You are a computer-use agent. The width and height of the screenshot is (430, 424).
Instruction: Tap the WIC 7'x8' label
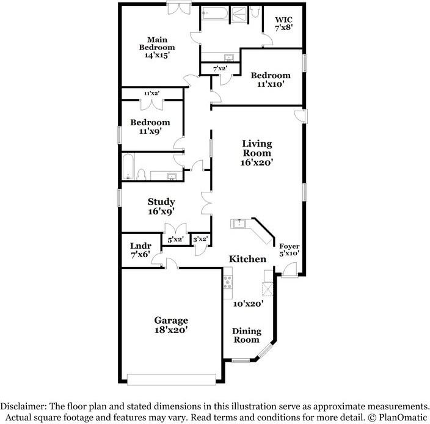[x=284, y=24]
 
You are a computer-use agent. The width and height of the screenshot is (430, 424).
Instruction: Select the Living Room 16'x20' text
[x=257, y=153]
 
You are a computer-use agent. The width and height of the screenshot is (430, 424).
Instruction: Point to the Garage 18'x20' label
[x=171, y=324]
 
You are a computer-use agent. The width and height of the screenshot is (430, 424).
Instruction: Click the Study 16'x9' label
[x=161, y=207]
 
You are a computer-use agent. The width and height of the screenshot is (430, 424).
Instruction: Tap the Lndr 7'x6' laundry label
[x=140, y=250]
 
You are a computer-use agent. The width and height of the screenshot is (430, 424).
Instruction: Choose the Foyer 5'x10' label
[x=290, y=249]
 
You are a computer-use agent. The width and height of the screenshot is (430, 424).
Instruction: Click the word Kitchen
[x=247, y=259]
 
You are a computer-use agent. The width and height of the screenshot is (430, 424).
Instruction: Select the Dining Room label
[x=246, y=335]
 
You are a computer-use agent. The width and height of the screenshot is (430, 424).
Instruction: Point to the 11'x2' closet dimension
[x=152, y=93]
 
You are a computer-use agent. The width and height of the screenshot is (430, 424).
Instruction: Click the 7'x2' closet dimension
[x=220, y=68]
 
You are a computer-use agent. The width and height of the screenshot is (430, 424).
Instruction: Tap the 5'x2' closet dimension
[x=175, y=239]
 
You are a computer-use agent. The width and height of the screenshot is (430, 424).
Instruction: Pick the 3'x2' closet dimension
[x=200, y=239]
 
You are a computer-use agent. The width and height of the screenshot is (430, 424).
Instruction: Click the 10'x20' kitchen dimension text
[x=248, y=304]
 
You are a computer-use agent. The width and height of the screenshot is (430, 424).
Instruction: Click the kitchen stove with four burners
[x=228, y=282]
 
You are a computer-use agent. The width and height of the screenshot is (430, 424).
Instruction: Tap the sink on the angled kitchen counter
[x=238, y=223]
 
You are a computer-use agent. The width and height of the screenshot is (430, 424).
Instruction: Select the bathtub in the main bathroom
[x=215, y=13]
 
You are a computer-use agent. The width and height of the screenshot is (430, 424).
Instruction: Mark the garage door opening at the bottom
[x=172, y=379]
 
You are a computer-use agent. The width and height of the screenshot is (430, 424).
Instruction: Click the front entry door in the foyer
[x=290, y=269]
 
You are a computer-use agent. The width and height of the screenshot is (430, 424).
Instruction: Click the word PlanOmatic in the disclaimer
[x=403, y=418]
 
